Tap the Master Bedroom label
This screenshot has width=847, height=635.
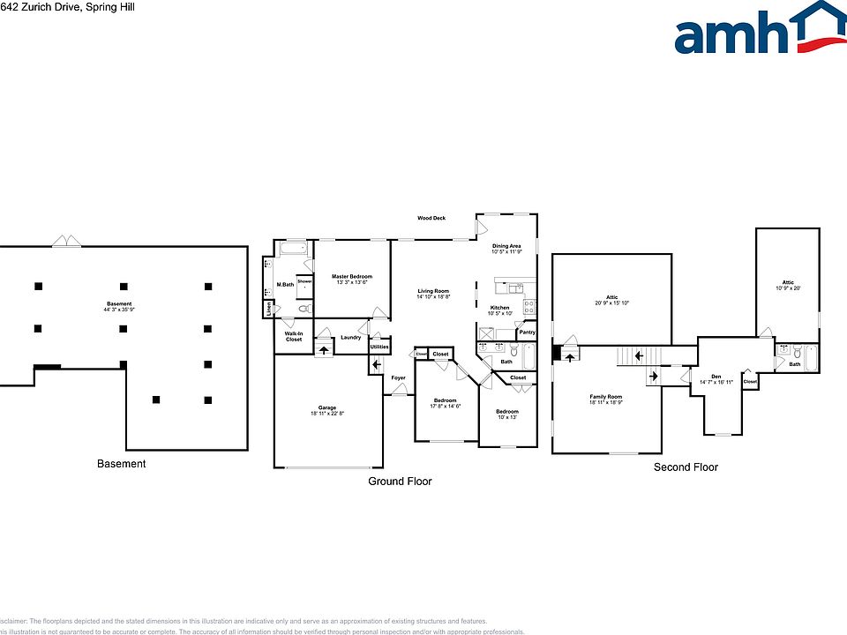tap(352, 277)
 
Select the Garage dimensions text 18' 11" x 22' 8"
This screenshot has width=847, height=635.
tap(327, 414)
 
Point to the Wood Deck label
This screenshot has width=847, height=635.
tap(431, 218)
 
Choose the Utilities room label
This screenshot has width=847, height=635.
tap(379, 347)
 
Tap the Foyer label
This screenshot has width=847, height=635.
tap(399, 377)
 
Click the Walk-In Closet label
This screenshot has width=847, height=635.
tap(293, 336)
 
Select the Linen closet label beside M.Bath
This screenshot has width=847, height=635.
tap(268, 308)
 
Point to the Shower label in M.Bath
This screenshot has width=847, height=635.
tap(304, 281)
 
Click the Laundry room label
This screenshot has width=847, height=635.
tap(350, 337)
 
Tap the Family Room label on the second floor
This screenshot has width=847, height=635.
tap(606, 397)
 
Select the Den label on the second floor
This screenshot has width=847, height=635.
tap(716, 376)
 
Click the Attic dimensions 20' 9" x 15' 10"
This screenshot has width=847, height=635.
tap(611, 303)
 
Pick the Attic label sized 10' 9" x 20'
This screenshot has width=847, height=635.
tap(787, 282)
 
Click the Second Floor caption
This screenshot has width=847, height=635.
tap(686, 467)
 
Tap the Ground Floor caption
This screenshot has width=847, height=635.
tap(400, 482)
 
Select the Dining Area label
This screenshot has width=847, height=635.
tap(506, 246)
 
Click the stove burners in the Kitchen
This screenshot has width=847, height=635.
tap(529, 307)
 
